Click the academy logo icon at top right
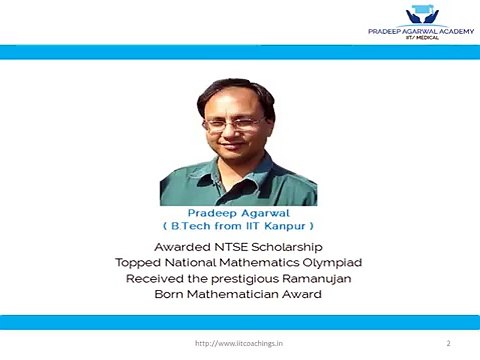pos(417,14)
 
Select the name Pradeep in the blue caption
pos(211,213)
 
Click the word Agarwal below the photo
pos(262,213)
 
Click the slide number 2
pos(448,342)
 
